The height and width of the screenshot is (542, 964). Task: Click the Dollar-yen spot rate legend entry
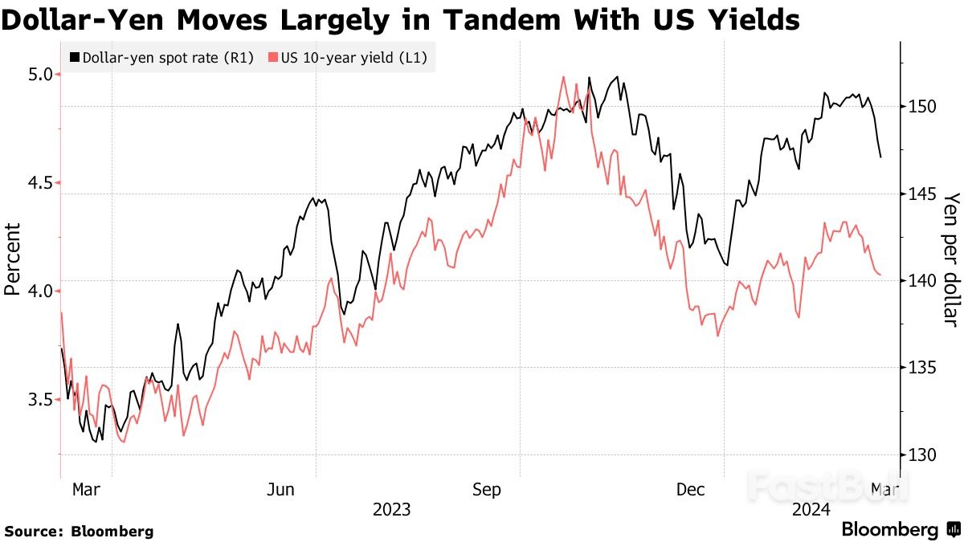161,58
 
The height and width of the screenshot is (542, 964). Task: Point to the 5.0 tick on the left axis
39,75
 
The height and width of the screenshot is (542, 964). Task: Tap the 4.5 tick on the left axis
39,183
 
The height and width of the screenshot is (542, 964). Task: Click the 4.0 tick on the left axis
39,291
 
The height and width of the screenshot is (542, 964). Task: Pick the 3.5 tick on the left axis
39,399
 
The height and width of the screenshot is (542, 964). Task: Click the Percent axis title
13,259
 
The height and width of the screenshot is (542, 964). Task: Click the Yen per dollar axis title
951,259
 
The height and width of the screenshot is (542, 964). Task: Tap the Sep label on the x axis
487,489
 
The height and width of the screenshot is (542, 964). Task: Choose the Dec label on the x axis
690,489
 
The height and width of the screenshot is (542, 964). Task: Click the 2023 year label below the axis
391,510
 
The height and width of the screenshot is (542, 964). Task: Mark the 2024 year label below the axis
811,510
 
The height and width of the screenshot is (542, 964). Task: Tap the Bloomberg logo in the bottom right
901,530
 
